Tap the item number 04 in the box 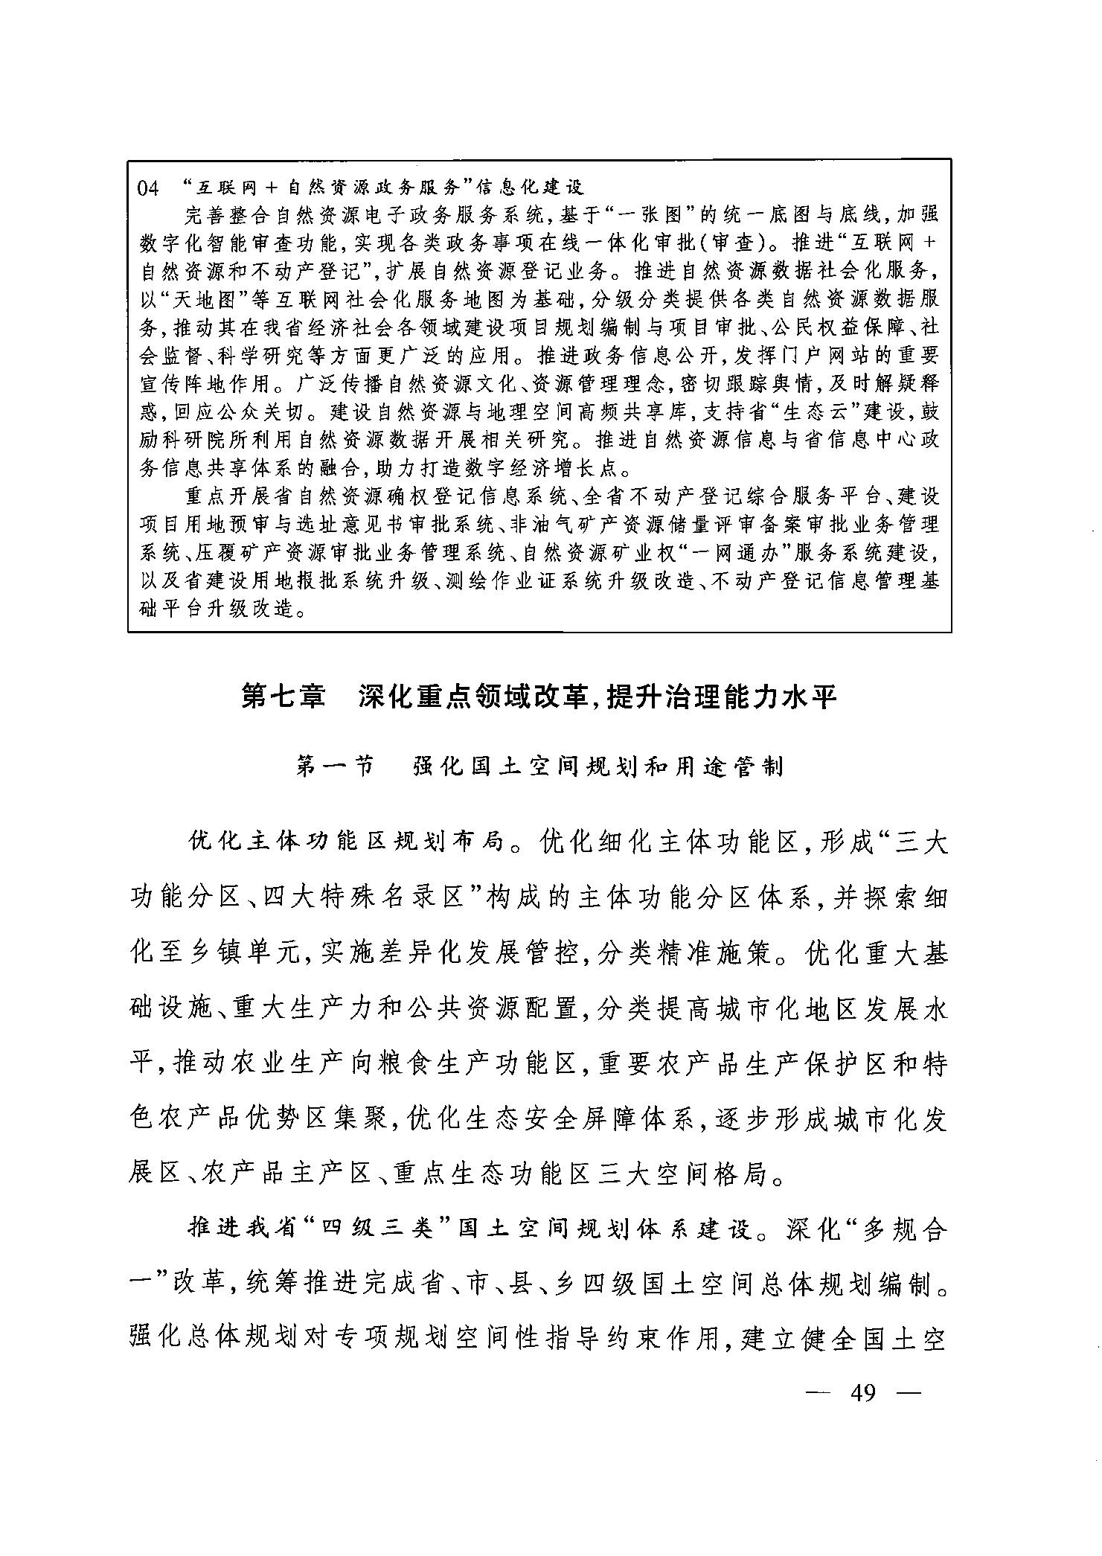pos(148,188)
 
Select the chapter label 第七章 pos(284,697)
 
